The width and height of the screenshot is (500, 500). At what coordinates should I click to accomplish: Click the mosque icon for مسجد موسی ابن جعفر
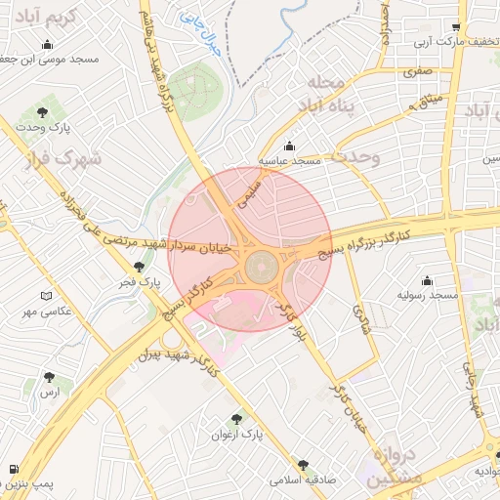point(48,45)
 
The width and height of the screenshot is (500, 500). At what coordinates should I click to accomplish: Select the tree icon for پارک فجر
point(140,267)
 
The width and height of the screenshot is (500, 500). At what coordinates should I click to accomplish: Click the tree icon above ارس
point(49,376)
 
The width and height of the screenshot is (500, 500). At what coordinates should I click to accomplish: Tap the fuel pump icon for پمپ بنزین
point(13,469)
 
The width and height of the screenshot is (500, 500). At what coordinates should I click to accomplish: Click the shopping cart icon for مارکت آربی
point(456,27)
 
